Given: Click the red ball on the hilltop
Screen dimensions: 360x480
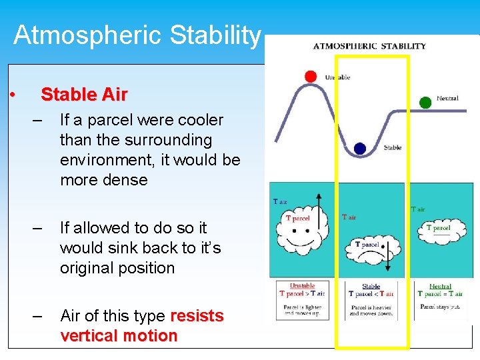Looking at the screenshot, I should (311, 76).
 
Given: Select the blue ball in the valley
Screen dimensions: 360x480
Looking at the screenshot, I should (361, 149).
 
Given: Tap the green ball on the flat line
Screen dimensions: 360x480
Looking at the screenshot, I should (425, 103).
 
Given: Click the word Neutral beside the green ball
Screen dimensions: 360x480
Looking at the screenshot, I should (447, 98).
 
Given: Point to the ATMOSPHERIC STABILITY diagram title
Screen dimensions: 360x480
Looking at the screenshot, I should (369, 46).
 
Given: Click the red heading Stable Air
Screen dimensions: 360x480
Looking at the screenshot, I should (84, 95).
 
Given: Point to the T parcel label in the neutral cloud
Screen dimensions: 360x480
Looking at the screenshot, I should (439, 228).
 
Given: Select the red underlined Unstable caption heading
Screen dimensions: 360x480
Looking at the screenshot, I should (302, 285).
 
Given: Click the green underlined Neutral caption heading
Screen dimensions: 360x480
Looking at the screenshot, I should (440, 286).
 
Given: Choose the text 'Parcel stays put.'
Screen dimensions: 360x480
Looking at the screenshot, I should (440, 307).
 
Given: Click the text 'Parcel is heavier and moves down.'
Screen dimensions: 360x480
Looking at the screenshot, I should (371, 310).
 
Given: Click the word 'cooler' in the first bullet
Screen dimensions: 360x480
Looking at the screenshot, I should (199, 120).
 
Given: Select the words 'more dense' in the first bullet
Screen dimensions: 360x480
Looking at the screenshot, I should (103, 180).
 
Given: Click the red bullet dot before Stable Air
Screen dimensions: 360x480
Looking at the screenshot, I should (13, 95).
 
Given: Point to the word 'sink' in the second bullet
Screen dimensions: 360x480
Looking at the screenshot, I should (126, 248).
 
